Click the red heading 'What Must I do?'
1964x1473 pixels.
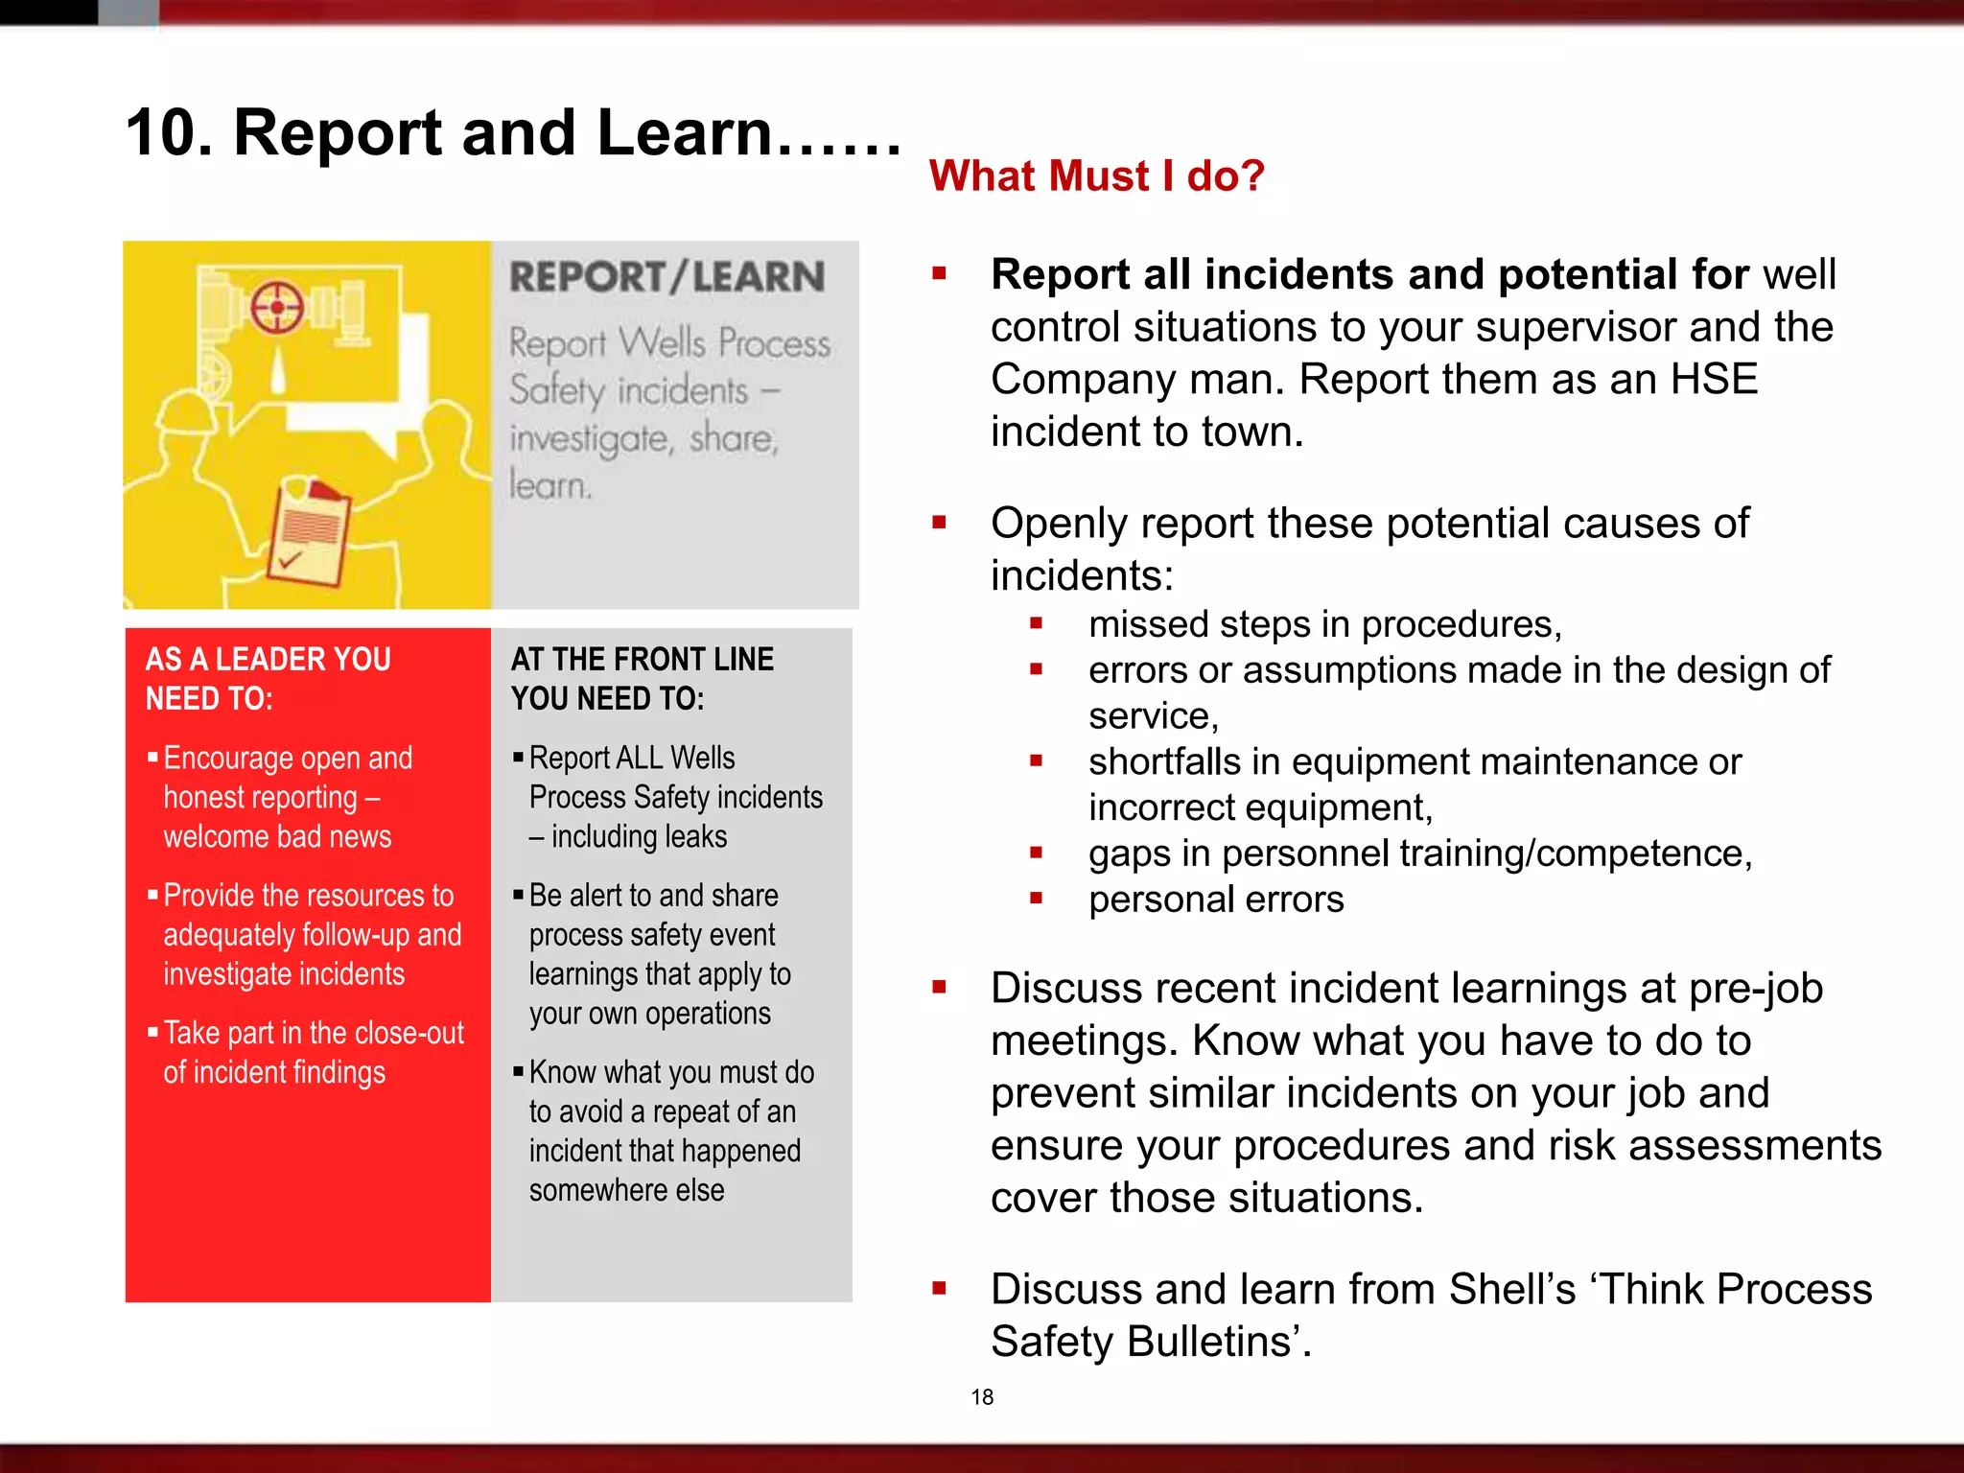click(1096, 176)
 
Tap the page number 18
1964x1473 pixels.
click(982, 1397)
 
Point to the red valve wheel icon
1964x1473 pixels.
click(277, 308)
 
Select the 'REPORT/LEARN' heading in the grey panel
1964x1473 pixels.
click(666, 277)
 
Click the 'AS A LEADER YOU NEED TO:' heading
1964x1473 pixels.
click(268, 678)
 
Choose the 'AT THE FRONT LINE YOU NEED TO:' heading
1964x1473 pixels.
click(642, 678)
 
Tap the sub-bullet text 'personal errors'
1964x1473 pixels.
click(1215, 900)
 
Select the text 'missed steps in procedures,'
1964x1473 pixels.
click(1324, 624)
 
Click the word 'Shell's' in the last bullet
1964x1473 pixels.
click(1511, 1289)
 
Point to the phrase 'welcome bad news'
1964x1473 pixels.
click(277, 836)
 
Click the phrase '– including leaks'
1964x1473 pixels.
click(628, 836)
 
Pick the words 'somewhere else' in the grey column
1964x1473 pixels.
click(626, 1190)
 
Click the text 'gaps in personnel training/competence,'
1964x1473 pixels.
click(1419, 853)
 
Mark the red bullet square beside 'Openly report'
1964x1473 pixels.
click(939, 523)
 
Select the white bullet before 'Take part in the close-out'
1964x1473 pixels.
click(152, 1033)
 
